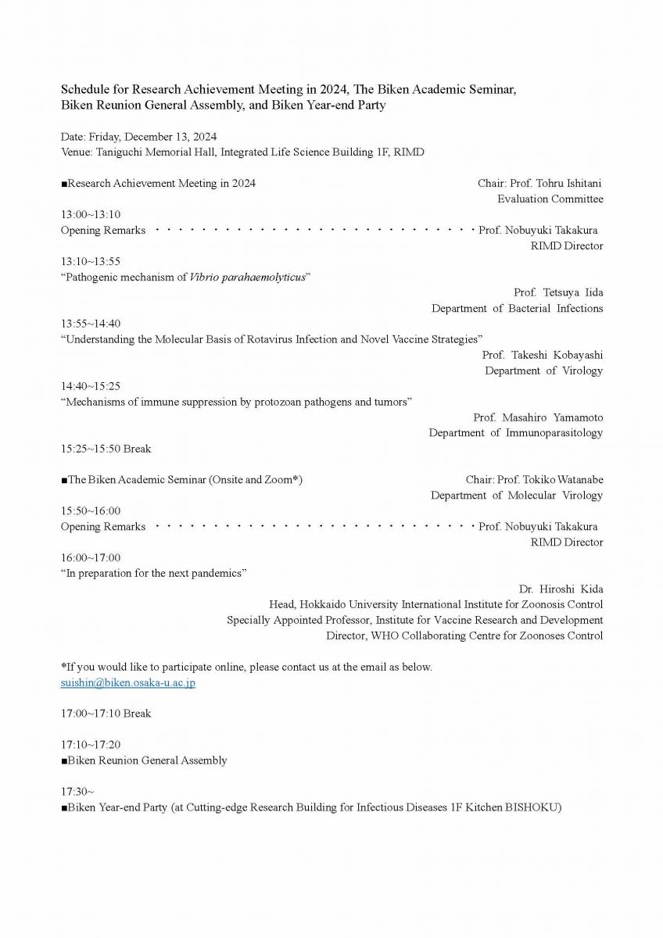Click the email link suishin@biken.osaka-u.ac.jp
(x=127, y=682)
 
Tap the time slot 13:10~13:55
(x=91, y=261)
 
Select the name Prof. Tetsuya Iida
(x=558, y=292)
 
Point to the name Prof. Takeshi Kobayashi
(x=542, y=355)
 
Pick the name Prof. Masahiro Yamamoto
(x=538, y=417)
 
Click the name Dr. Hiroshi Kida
(x=561, y=589)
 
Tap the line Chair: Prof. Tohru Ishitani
(x=539, y=183)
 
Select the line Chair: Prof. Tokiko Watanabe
(x=534, y=479)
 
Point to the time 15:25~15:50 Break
(x=106, y=449)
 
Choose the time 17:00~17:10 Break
(x=106, y=713)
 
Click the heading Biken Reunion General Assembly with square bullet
(x=144, y=760)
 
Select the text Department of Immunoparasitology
(x=515, y=433)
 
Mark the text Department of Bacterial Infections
(x=517, y=308)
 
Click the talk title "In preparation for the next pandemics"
(x=154, y=573)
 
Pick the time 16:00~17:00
(x=91, y=557)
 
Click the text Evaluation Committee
(x=550, y=199)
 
